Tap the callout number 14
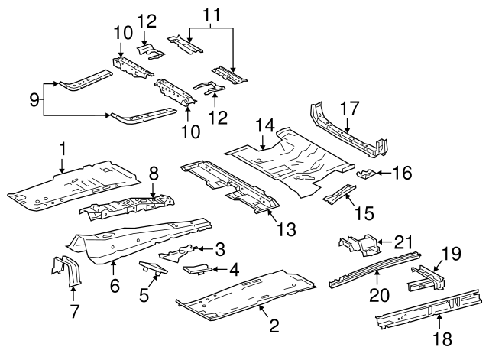pos(264,125)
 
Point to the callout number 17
pos(350,109)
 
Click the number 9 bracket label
pos(34,99)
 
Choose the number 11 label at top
pos(210,14)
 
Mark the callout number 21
pos(403,243)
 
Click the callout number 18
pos(439,339)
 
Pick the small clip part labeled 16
pos(365,174)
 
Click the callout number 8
pos(154,174)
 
